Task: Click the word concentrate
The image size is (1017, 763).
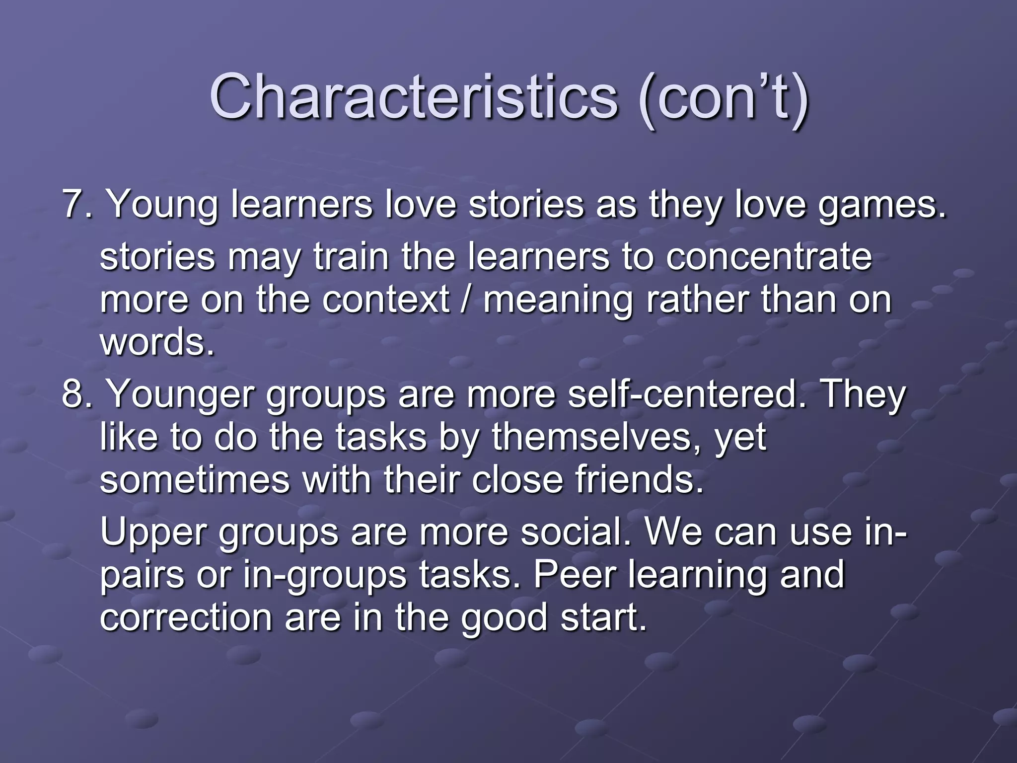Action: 768,257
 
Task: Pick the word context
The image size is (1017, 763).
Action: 385,300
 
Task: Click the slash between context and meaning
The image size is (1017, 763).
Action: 466,300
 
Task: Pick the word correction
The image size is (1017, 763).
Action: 186,617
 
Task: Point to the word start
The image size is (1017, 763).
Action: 603,617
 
